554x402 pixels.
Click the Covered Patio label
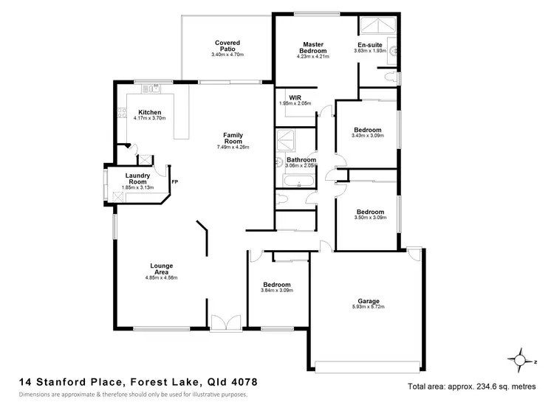point(228,46)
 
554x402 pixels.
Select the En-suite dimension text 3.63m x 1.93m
point(369,51)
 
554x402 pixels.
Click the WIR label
point(295,97)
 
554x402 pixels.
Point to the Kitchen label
point(149,113)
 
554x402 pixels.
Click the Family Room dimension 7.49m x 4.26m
point(233,147)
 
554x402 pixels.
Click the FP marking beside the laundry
point(174,181)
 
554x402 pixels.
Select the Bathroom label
point(301,160)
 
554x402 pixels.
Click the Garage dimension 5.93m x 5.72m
point(369,307)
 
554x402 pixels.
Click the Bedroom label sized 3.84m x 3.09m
point(277,285)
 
